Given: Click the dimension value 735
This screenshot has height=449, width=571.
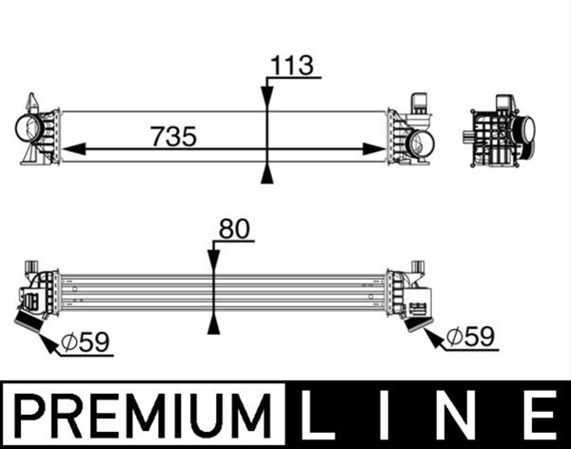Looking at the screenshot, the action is click(x=174, y=137).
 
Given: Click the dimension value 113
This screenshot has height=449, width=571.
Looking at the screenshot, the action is click(x=292, y=66).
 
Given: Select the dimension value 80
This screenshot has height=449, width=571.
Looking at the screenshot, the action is click(x=234, y=228).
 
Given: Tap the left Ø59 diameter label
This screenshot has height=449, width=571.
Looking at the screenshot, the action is click(x=86, y=342).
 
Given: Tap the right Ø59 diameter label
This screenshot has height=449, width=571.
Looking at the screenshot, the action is click(x=470, y=337).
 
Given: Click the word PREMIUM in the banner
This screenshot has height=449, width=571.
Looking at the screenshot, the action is click(x=144, y=415).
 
